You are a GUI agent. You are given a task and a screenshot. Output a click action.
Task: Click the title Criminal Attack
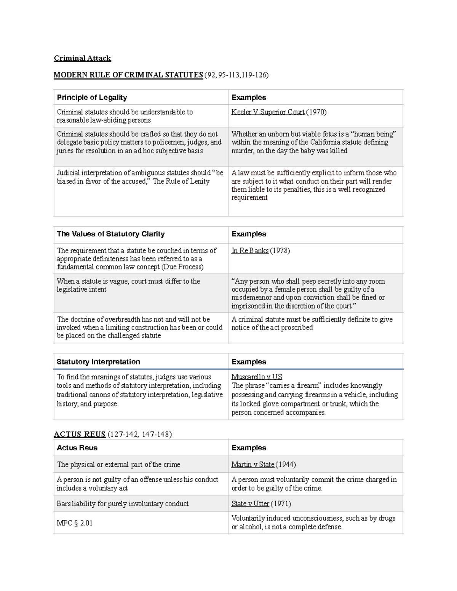click(82, 58)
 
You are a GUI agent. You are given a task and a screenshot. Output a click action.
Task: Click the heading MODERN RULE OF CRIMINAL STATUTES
click(128, 75)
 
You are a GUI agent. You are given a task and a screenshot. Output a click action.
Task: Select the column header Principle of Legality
click(92, 97)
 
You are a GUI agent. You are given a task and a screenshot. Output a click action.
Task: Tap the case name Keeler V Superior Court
click(268, 112)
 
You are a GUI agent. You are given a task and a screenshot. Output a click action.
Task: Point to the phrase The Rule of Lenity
click(181, 182)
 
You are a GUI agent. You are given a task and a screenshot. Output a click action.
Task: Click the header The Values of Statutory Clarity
click(110, 234)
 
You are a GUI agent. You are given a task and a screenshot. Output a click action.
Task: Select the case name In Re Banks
click(250, 251)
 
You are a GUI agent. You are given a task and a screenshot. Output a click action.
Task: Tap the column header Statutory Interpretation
click(98, 362)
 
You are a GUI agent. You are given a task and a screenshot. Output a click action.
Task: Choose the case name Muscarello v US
click(257, 377)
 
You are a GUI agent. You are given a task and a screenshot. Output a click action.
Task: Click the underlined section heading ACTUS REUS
click(80, 434)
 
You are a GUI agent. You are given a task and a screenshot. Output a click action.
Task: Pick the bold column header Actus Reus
click(77, 448)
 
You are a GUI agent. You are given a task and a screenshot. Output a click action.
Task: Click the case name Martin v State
click(253, 465)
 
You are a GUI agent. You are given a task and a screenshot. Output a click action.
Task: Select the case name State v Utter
click(250, 504)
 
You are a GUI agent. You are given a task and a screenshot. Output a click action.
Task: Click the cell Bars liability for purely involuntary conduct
click(123, 504)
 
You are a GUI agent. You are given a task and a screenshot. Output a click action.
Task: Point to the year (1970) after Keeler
click(316, 112)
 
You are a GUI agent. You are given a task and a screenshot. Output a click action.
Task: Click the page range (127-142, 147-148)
click(140, 434)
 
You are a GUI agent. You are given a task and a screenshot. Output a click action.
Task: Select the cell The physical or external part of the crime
click(118, 465)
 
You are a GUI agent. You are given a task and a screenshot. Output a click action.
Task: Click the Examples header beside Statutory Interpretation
click(249, 362)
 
